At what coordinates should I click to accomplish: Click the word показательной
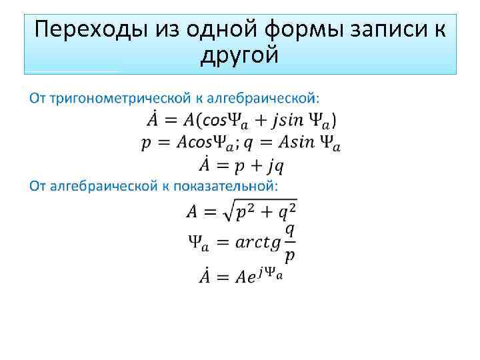click(x=227, y=185)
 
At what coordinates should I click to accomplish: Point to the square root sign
click(x=227, y=212)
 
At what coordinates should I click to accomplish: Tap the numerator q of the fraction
click(x=289, y=230)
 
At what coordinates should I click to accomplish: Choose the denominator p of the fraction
click(x=289, y=256)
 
